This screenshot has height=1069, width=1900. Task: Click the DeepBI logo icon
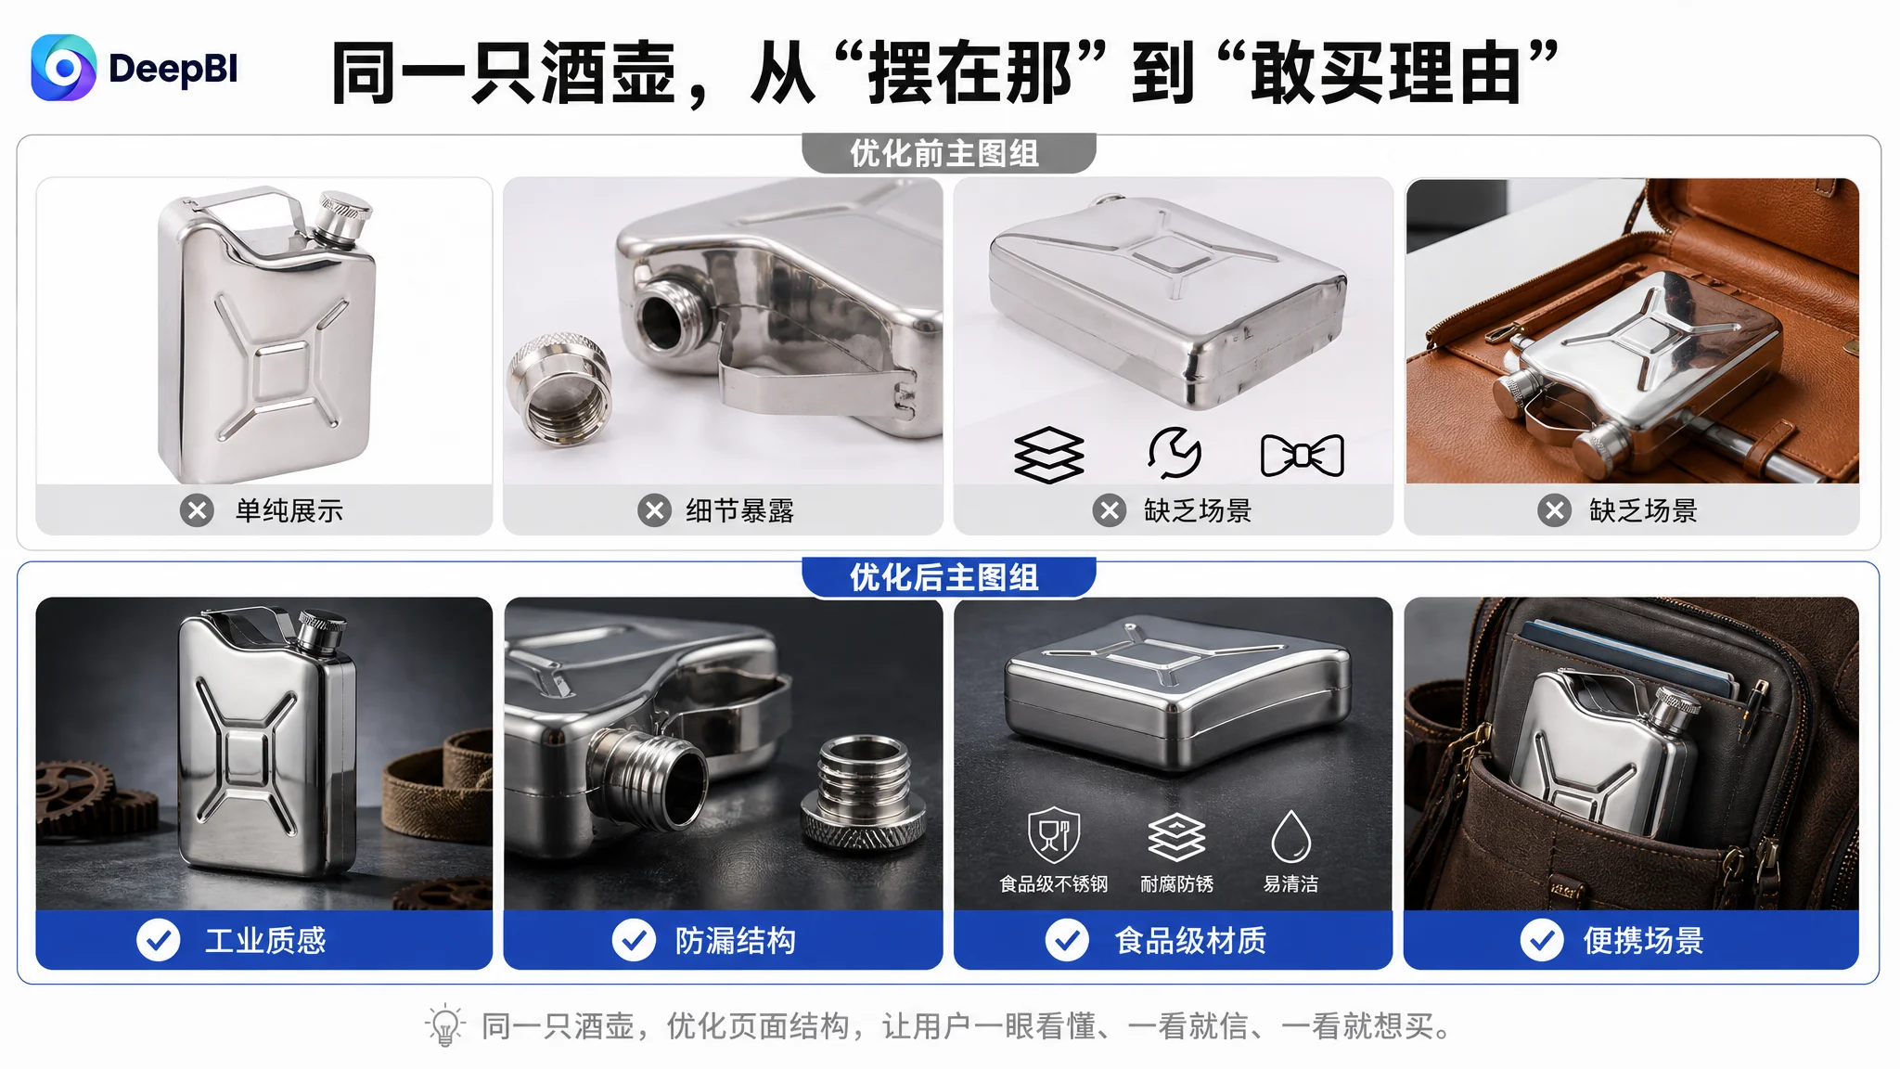[x=63, y=68]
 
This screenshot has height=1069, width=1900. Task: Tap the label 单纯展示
[x=289, y=510]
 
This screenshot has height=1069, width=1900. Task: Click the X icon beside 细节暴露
[x=654, y=510]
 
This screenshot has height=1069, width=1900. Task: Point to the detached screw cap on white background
[x=558, y=391]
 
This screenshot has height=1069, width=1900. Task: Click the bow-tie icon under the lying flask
[x=1302, y=456]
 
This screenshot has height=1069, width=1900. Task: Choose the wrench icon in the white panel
[x=1175, y=453]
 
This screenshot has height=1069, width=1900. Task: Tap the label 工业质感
[x=265, y=941]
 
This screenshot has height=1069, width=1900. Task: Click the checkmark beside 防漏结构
[x=634, y=941]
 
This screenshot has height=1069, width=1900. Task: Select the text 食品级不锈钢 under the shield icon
[x=1053, y=884]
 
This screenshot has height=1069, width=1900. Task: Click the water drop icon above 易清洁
[x=1290, y=836]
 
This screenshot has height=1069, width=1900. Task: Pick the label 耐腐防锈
[x=1176, y=884]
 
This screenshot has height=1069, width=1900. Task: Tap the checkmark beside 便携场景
[x=1542, y=941]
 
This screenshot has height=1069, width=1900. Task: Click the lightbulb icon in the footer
[x=444, y=1025]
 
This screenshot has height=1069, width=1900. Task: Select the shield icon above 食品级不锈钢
[x=1054, y=835]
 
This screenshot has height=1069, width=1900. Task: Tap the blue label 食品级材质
[x=1191, y=941]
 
